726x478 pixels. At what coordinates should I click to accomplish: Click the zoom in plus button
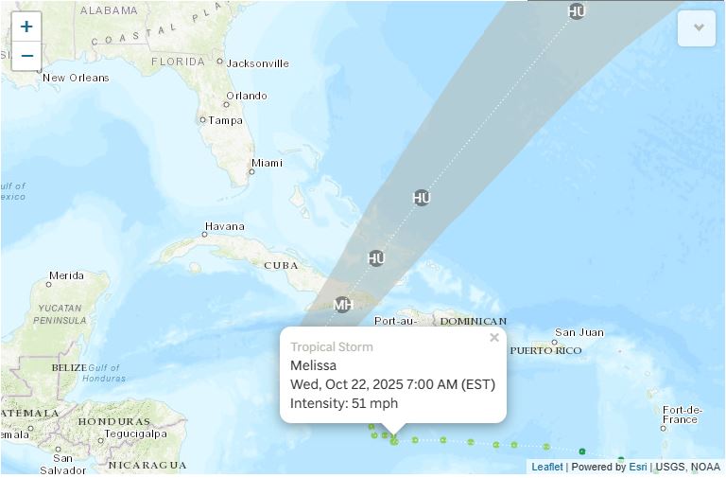(x=26, y=27)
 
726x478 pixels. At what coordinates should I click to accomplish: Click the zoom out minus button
(x=26, y=56)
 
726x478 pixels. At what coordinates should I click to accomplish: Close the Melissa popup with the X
(x=493, y=338)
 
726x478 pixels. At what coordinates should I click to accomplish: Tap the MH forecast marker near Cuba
(x=342, y=305)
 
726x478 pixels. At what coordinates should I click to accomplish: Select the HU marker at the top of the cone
(x=577, y=11)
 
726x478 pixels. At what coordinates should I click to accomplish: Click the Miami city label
(x=267, y=163)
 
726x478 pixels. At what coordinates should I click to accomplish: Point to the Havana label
(x=225, y=227)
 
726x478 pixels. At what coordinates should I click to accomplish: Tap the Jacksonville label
(x=258, y=63)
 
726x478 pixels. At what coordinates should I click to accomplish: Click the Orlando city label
(x=246, y=96)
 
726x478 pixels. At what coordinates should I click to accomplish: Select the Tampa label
(x=225, y=120)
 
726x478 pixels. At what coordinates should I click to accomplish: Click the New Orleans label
(x=76, y=78)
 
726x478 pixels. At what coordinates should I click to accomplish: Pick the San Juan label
(x=579, y=332)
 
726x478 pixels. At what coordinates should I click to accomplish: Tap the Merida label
(x=66, y=275)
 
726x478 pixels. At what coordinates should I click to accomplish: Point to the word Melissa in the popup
(x=313, y=365)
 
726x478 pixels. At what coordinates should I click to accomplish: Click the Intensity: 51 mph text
(x=344, y=403)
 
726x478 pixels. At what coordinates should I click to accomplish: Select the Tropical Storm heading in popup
(x=331, y=347)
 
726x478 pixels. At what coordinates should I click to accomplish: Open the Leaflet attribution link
(x=546, y=467)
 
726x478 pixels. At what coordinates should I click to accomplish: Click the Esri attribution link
(x=638, y=467)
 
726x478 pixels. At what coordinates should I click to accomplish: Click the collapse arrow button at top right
(x=699, y=27)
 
